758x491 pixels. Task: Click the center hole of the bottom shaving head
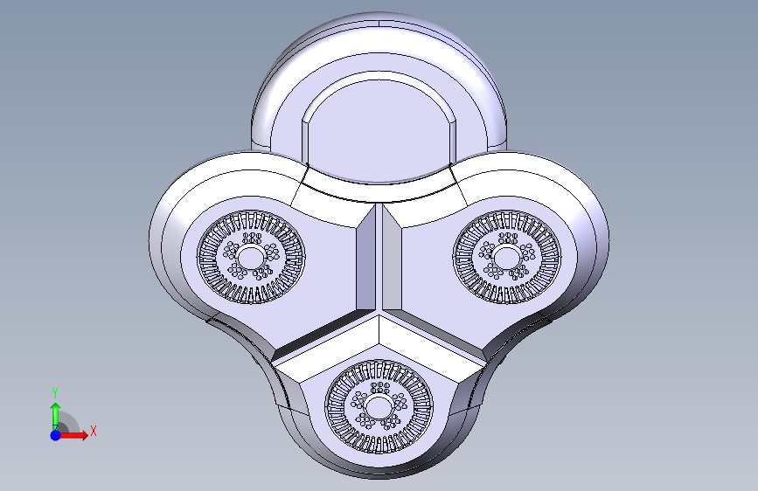[x=379, y=406]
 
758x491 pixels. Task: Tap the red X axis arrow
[x=73, y=435]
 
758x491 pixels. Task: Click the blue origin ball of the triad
[x=56, y=435]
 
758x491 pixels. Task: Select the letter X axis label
[x=94, y=431]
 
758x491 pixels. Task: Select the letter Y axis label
[x=55, y=392]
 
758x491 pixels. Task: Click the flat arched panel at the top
[x=379, y=130]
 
